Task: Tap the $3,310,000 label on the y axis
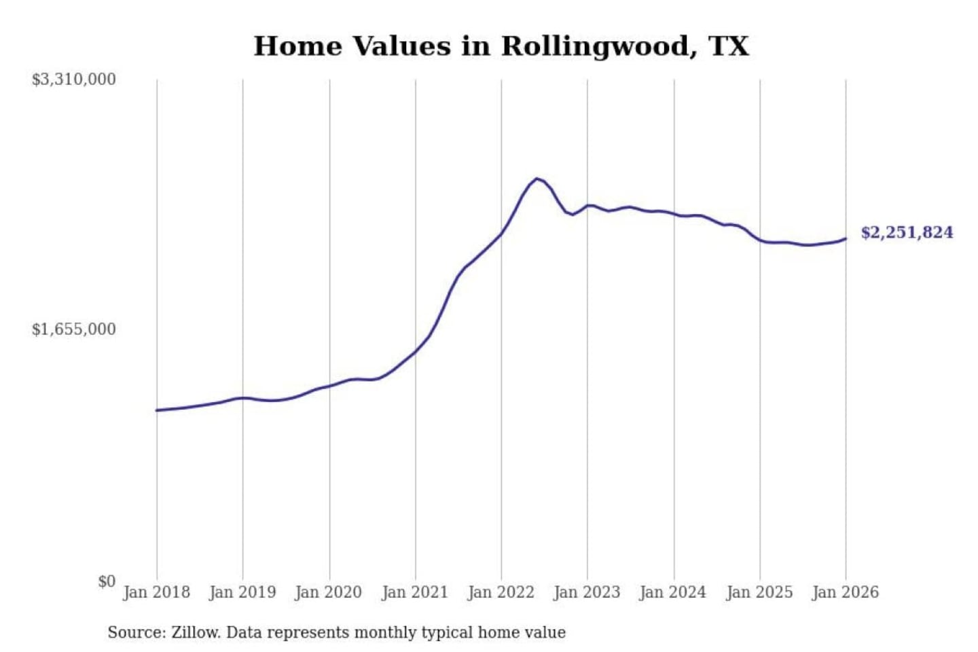pyautogui.click(x=73, y=79)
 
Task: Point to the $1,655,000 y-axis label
pyautogui.click(x=73, y=329)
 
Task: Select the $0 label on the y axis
pyautogui.click(x=107, y=581)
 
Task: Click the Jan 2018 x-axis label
pyautogui.click(x=156, y=592)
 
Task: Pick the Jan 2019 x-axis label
pyautogui.click(x=242, y=592)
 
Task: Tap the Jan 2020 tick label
pyautogui.click(x=329, y=592)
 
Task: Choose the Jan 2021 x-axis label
pyautogui.click(x=415, y=592)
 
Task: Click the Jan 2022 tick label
pyautogui.click(x=501, y=592)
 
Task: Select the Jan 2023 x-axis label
pyautogui.click(x=587, y=592)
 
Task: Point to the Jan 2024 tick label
pyautogui.click(x=673, y=592)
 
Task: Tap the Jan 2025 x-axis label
pyautogui.click(x=759, y=592)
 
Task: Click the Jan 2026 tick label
pyautogui.click(x=846, y=592)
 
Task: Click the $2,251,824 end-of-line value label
pyautogui.click(x=907, y=232)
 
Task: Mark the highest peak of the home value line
pyautogui.click(x=537, y=179)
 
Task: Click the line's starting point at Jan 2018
pyautogui.click(x=157, y=410)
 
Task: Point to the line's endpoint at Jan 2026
pyautogui.click(x=846, y=238)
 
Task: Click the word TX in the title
pyautogui.click(x=729, y=46)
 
